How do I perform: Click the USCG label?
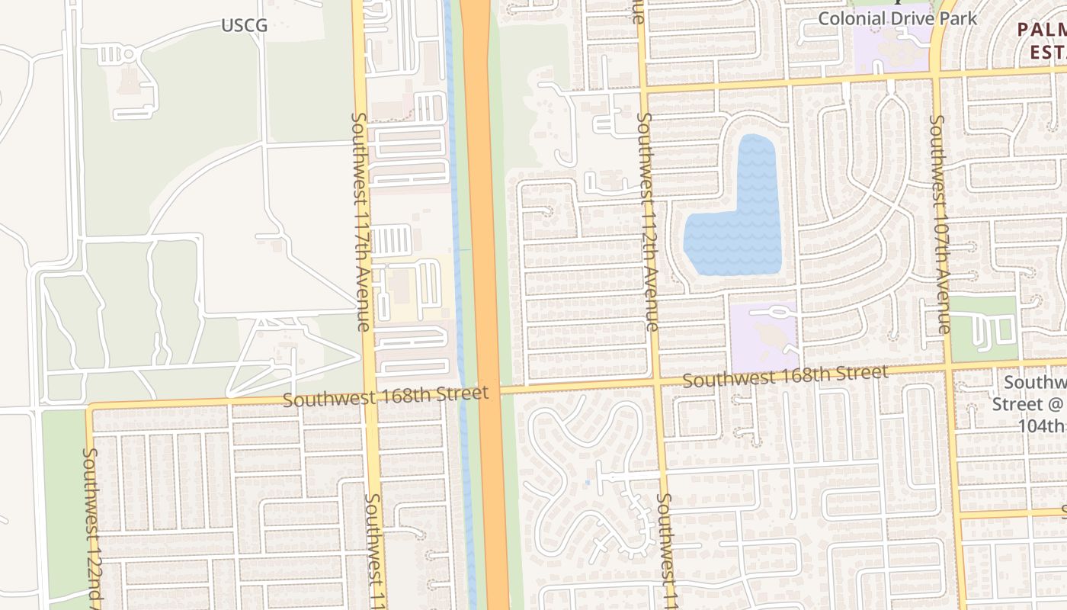click(245, 26)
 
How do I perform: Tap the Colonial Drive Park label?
click(897, 18)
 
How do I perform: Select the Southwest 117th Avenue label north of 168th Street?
click(360, 221)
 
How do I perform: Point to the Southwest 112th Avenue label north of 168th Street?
click(647, 221)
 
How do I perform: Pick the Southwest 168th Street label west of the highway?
click(385, 396)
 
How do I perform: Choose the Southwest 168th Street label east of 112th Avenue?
click(785, 376)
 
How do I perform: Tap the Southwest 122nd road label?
click(92, 526)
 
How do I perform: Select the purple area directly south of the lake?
click(764, 335)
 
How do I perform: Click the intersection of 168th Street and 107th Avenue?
click(950, 368)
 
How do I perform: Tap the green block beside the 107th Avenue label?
click(983, 328)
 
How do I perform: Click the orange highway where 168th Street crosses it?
click(488, 390)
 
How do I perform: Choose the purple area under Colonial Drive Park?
click(892, 46)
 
